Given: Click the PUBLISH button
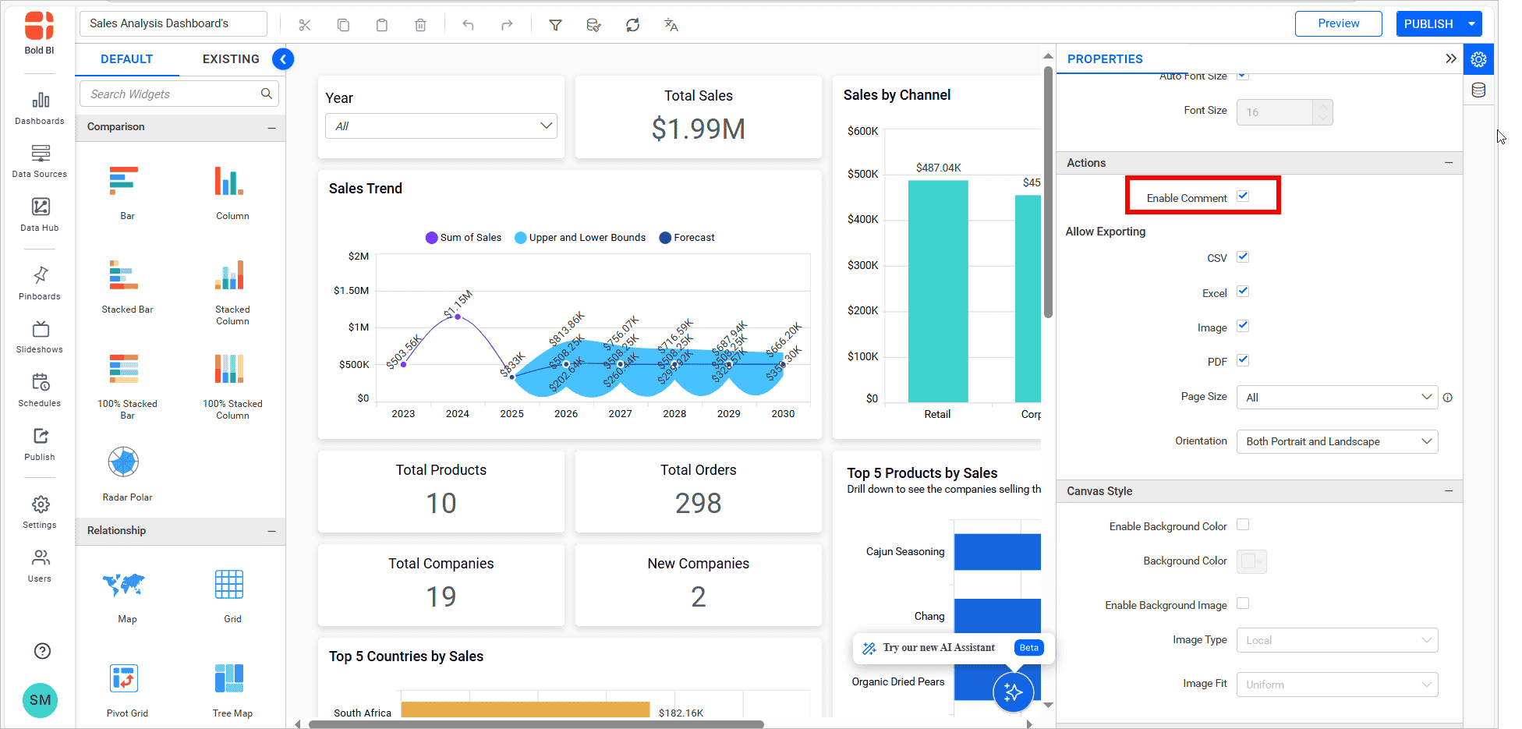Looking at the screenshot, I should (1428, 24).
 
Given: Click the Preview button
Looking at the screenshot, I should (1338, 23).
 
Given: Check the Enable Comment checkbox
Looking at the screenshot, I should (1243, 196).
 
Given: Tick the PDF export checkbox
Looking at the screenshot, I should (1243, 360).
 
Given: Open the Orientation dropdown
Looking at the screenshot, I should (1336, 441).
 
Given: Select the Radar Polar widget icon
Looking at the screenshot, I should (124, 462).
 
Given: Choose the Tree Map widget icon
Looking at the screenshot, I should (229, 678).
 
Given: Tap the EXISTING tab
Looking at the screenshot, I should (231, 59).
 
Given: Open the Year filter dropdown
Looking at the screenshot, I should (441, 126).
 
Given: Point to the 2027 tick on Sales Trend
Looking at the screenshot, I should (621, 414).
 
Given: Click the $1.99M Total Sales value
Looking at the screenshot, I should (698, 129).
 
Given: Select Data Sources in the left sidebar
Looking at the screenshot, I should (40, 160).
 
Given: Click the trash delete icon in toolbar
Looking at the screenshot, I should (420, 25).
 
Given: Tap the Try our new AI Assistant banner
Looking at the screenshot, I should (938, 648).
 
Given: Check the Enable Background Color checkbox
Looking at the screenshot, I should (1243, 525).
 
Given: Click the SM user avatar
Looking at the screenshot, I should (41, 700).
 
